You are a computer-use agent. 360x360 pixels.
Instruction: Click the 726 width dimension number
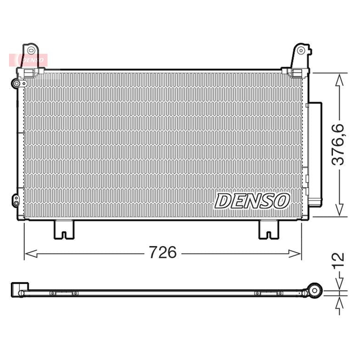point(163,252)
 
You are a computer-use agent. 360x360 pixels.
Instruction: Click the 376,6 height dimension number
point(338,145)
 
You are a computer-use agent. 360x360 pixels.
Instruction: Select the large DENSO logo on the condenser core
point(252,201)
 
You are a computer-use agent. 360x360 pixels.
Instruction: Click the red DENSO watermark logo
point(28,60)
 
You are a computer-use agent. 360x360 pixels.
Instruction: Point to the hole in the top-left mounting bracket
point(31,50)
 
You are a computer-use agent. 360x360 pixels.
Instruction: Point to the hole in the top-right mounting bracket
point(301,50)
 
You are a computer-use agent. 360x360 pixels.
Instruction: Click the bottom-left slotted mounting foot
point(64,229)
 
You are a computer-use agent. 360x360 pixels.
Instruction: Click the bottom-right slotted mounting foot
point(269,229)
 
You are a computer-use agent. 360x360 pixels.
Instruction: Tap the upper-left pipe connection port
point(17,83)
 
